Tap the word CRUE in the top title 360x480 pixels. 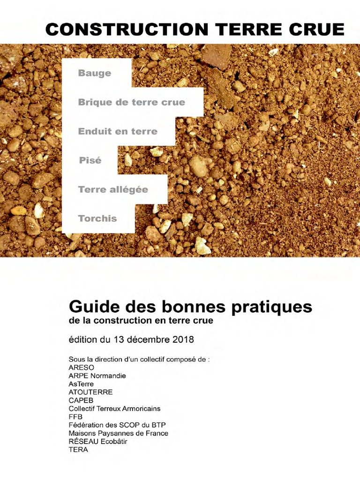click(317, 29)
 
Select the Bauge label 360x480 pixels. click(95, 73)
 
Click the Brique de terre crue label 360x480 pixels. click(132, 102)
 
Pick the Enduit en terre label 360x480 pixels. click(118, 131)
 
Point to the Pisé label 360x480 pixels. click(90, 160)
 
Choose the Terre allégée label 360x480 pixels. click(113, 189)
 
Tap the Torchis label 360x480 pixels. click(97, 218)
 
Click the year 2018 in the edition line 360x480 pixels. click(183, 339)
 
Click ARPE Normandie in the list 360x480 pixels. click(97, 375)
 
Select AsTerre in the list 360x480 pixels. click(81, 384)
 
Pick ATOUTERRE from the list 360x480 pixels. click(90, 392)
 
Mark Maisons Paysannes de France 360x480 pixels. click(118, 433)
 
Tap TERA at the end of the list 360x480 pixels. click(78, 450)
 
